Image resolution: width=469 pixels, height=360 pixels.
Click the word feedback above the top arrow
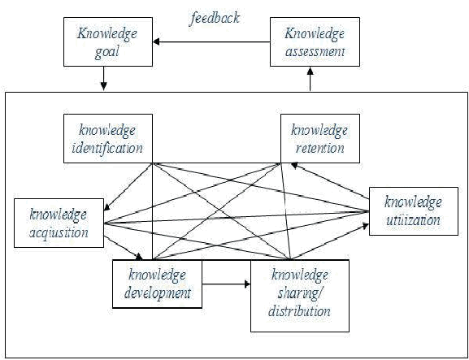215,19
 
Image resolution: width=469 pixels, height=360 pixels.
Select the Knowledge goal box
108,41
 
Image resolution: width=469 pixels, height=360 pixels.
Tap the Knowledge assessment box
315,41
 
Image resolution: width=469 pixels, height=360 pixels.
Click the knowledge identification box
108,138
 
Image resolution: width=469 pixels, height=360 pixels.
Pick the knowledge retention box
320,138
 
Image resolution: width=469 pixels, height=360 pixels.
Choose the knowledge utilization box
414,211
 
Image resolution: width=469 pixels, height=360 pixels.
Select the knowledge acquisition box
59,223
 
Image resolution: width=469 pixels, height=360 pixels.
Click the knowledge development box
157,284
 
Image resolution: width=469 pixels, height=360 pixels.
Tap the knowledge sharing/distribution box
300,296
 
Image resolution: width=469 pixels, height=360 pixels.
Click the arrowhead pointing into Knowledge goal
156,42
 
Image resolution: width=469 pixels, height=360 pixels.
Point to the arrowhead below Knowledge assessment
310,70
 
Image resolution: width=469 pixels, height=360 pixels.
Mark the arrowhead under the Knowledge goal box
103,87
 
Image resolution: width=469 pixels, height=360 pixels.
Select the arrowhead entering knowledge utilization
366,226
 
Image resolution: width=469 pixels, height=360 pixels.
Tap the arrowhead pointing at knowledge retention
295,165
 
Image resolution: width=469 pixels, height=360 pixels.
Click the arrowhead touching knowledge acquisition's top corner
107,207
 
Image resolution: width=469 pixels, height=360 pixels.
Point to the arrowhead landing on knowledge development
139,257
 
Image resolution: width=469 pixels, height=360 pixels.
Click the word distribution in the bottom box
299,311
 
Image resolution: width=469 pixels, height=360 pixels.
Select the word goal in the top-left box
107,53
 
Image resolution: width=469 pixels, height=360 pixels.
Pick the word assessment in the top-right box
315,51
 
